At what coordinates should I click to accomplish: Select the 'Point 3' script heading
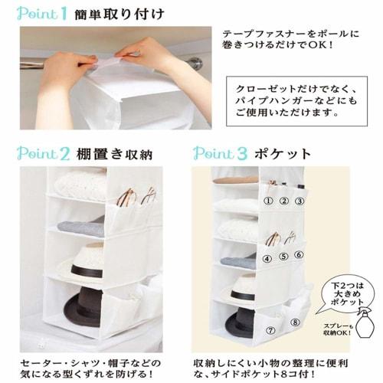(x=220, y=152)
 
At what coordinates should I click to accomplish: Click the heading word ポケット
(x=283, y=152)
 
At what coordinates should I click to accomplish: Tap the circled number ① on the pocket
(x=268, y=201)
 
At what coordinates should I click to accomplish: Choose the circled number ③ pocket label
(x=300, y=201)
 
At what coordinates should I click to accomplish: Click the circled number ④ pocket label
(x=267, y=258)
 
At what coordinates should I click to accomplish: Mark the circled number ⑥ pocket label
(x=300, y=254)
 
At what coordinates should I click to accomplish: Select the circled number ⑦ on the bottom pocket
(x=270, y=331)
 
